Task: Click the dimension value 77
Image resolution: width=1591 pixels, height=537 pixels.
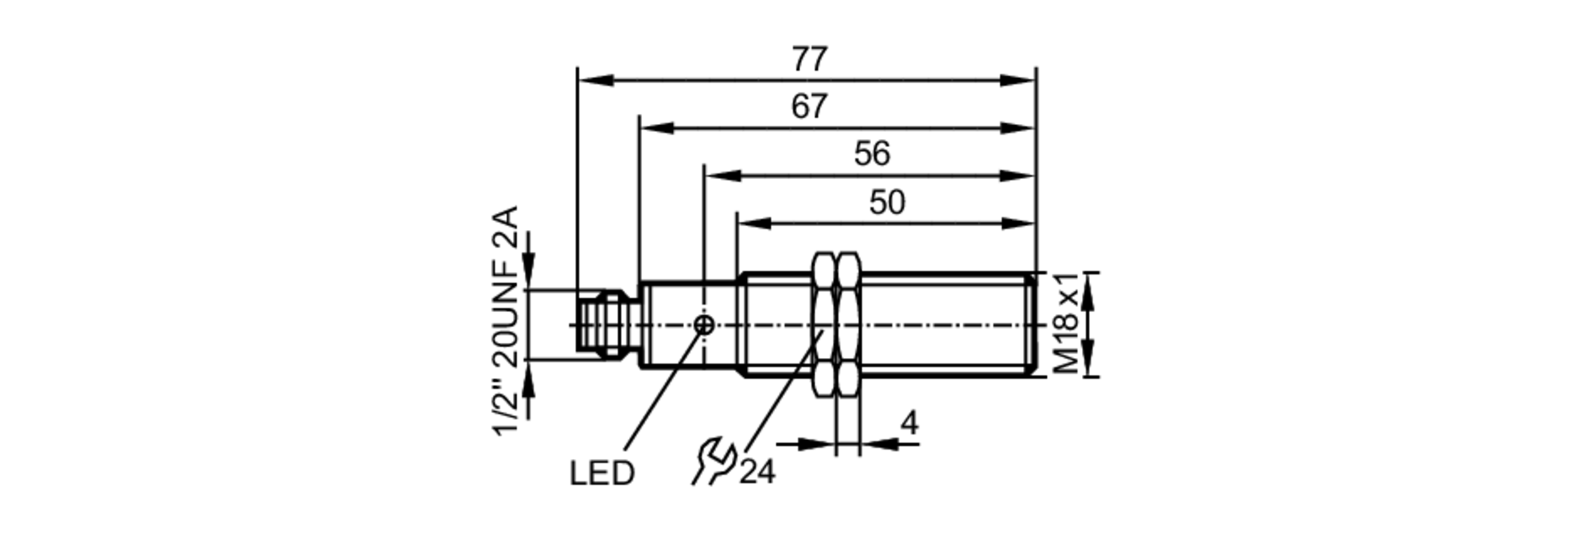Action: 809,60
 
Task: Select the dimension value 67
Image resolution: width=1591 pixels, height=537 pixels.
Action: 809,107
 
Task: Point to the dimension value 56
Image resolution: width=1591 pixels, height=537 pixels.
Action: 872,154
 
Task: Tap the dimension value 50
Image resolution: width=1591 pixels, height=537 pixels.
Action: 887,202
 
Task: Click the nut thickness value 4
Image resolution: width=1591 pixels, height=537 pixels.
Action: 908,423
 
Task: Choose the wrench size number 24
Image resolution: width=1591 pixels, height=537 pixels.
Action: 757,473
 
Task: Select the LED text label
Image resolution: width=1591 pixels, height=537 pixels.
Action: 601,473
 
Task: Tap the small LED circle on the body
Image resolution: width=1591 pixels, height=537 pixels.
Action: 704,325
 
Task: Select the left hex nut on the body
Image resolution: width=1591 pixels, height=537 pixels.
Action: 824,325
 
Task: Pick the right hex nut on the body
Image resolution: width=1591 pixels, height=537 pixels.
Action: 848,325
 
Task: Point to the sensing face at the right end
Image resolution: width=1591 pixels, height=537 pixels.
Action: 1033,325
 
